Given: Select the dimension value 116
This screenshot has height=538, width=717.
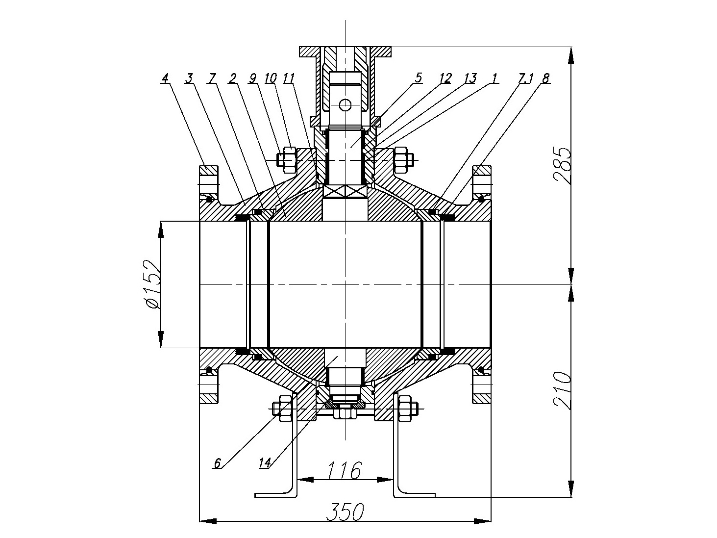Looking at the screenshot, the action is [345, 470].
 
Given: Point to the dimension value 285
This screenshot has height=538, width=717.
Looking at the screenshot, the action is [562, 166].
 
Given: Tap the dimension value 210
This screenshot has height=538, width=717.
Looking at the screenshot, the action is [562, 390].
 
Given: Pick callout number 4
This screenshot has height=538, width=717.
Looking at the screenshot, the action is [165, 78].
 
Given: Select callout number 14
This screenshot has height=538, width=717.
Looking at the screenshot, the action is [265, 463].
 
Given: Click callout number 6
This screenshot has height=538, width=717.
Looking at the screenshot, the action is [218, 463].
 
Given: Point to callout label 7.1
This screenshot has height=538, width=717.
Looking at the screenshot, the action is [525, 78].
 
